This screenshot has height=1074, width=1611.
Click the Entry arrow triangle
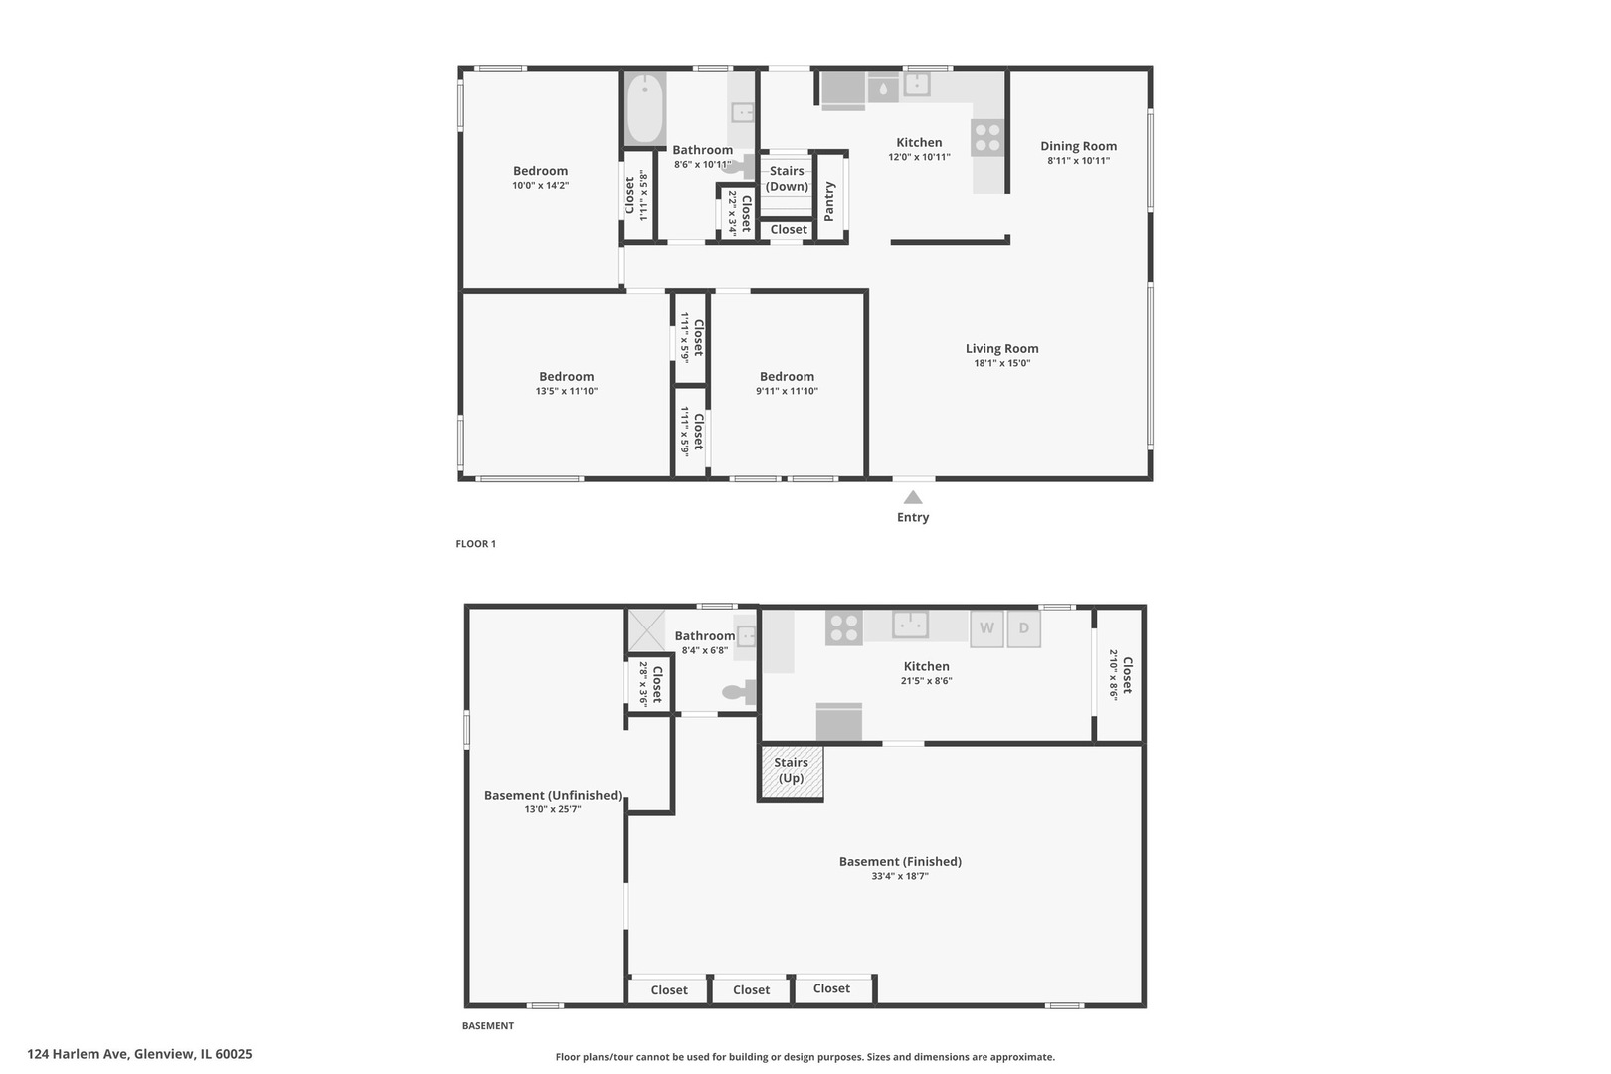point(913,497)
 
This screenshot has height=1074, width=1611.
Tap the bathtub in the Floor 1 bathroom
point(644,108)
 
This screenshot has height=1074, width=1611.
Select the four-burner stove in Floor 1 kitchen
point(987,137)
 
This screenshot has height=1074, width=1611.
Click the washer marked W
point(986,628)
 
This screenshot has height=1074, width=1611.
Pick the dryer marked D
point(1023,628)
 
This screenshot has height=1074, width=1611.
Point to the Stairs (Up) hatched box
point(792,773)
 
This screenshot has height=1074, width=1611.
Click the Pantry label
point(829,202)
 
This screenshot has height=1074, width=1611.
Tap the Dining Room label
point(1078,146)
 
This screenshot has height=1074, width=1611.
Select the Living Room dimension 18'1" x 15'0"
point(1001,363)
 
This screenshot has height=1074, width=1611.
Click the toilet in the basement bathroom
point(739,692)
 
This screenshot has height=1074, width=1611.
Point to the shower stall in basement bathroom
point(646,630)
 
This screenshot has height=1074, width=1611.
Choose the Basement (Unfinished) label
point(552,795)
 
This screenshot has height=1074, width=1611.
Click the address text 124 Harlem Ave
point(79,1054)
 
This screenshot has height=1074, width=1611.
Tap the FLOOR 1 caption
point(476,544)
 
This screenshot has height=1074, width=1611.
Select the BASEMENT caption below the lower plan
point(487,1026)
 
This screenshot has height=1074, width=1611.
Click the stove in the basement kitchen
point(843,627)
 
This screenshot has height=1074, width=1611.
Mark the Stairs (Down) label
point(787,178)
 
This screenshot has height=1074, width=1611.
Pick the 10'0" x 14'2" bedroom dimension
point(541,186)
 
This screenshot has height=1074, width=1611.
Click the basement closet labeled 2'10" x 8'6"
point(1119,675)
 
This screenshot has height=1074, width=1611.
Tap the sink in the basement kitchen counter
point(910,625)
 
